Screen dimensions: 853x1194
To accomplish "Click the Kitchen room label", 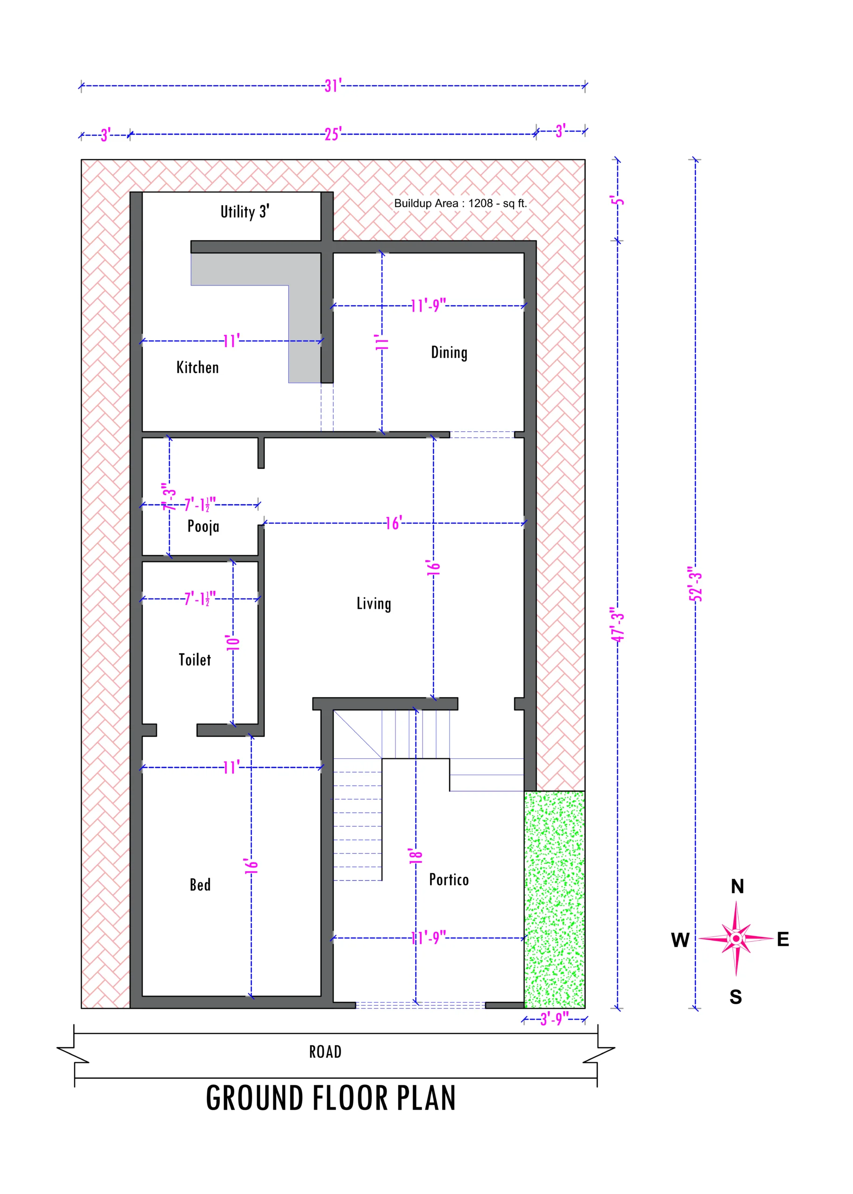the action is tap(197, 367).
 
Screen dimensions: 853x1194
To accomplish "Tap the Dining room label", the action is tap(449, 353).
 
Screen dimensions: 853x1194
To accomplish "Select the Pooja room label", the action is tap(203, 527).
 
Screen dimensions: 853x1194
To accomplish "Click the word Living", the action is tap(374, 604).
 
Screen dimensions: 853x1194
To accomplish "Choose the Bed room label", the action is tap(200, 885).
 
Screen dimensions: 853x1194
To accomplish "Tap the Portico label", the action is tap(449, 879).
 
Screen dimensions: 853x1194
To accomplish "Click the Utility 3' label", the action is tap(245, 212).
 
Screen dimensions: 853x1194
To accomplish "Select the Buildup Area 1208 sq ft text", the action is tap(461, 203).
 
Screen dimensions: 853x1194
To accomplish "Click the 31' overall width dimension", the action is tap(333, 85).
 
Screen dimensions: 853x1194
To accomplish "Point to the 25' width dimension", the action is tap(333, 134).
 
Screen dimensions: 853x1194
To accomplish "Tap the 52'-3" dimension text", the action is tap(695, 583).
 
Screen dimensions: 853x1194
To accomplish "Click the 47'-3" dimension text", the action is tap(617, 624).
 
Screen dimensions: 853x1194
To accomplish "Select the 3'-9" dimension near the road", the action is tap(555, 1020).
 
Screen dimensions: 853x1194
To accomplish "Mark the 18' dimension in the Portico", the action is tap(416, 856).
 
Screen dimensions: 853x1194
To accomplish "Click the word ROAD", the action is tap(325, 1052).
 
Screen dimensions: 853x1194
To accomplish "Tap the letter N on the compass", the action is tap(737, 886).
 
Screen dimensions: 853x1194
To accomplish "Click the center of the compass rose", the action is tap(736, 938).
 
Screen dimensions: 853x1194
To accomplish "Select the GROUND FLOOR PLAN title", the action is tap(331, 1098).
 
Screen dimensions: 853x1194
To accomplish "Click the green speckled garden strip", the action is tap(555, 899).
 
